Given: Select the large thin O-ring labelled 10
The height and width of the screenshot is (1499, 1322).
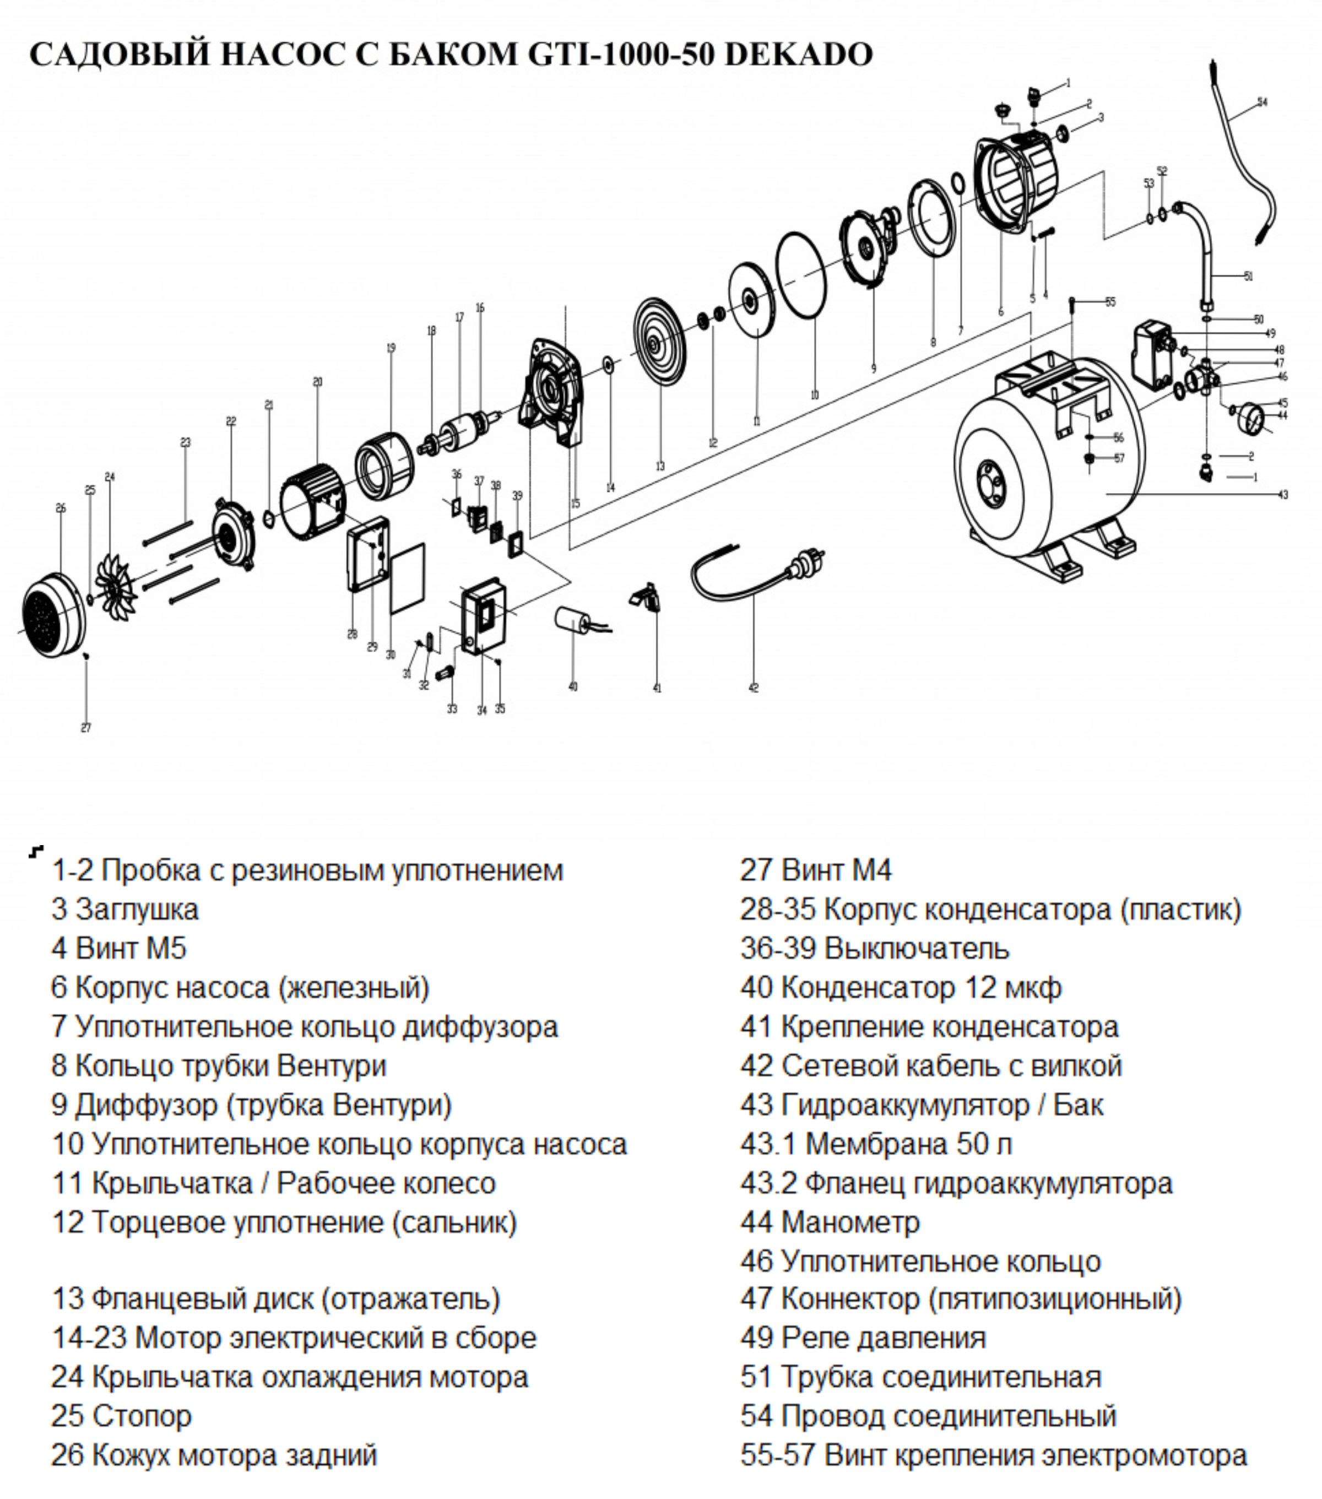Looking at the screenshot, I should pyautogui.click(x=801, y=274).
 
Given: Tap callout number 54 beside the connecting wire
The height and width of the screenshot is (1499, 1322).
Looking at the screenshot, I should pyautogui.click(x=1261, y=102).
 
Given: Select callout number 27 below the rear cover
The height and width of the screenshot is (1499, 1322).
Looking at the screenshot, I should pyautogui.click(x=86, y=728).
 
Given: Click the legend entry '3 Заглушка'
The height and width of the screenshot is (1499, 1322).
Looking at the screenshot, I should pyautogui.click(x=124, y=910).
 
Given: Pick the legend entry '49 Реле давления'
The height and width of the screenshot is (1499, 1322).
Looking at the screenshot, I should pyautogui.click(x=863, y=1338).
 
